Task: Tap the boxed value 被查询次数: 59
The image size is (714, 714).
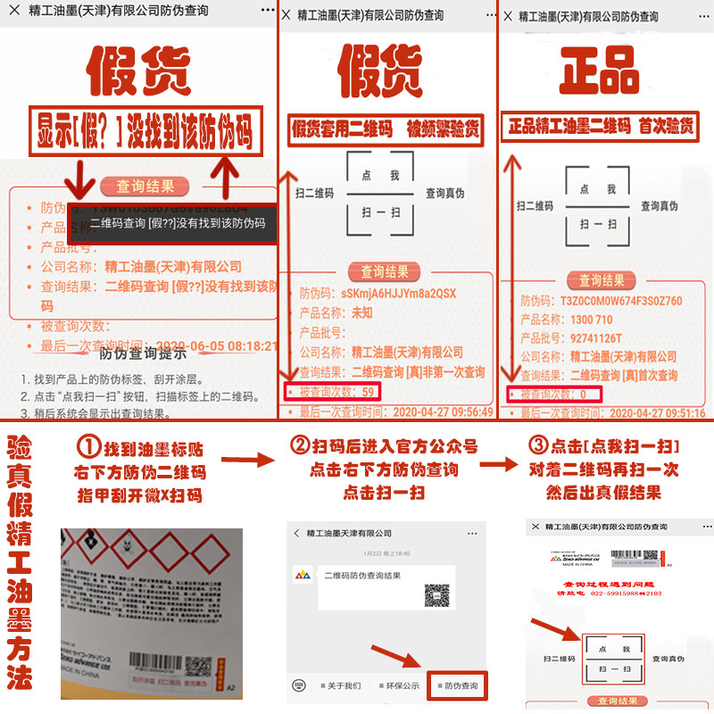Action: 332,391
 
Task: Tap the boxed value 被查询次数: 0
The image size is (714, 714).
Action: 553,394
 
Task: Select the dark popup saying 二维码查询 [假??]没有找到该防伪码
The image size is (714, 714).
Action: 178,225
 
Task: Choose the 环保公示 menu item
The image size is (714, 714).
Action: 398,685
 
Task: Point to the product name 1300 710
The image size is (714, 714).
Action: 591,320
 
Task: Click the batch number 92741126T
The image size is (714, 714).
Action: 595,338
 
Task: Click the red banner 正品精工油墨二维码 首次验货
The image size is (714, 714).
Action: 600,127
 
